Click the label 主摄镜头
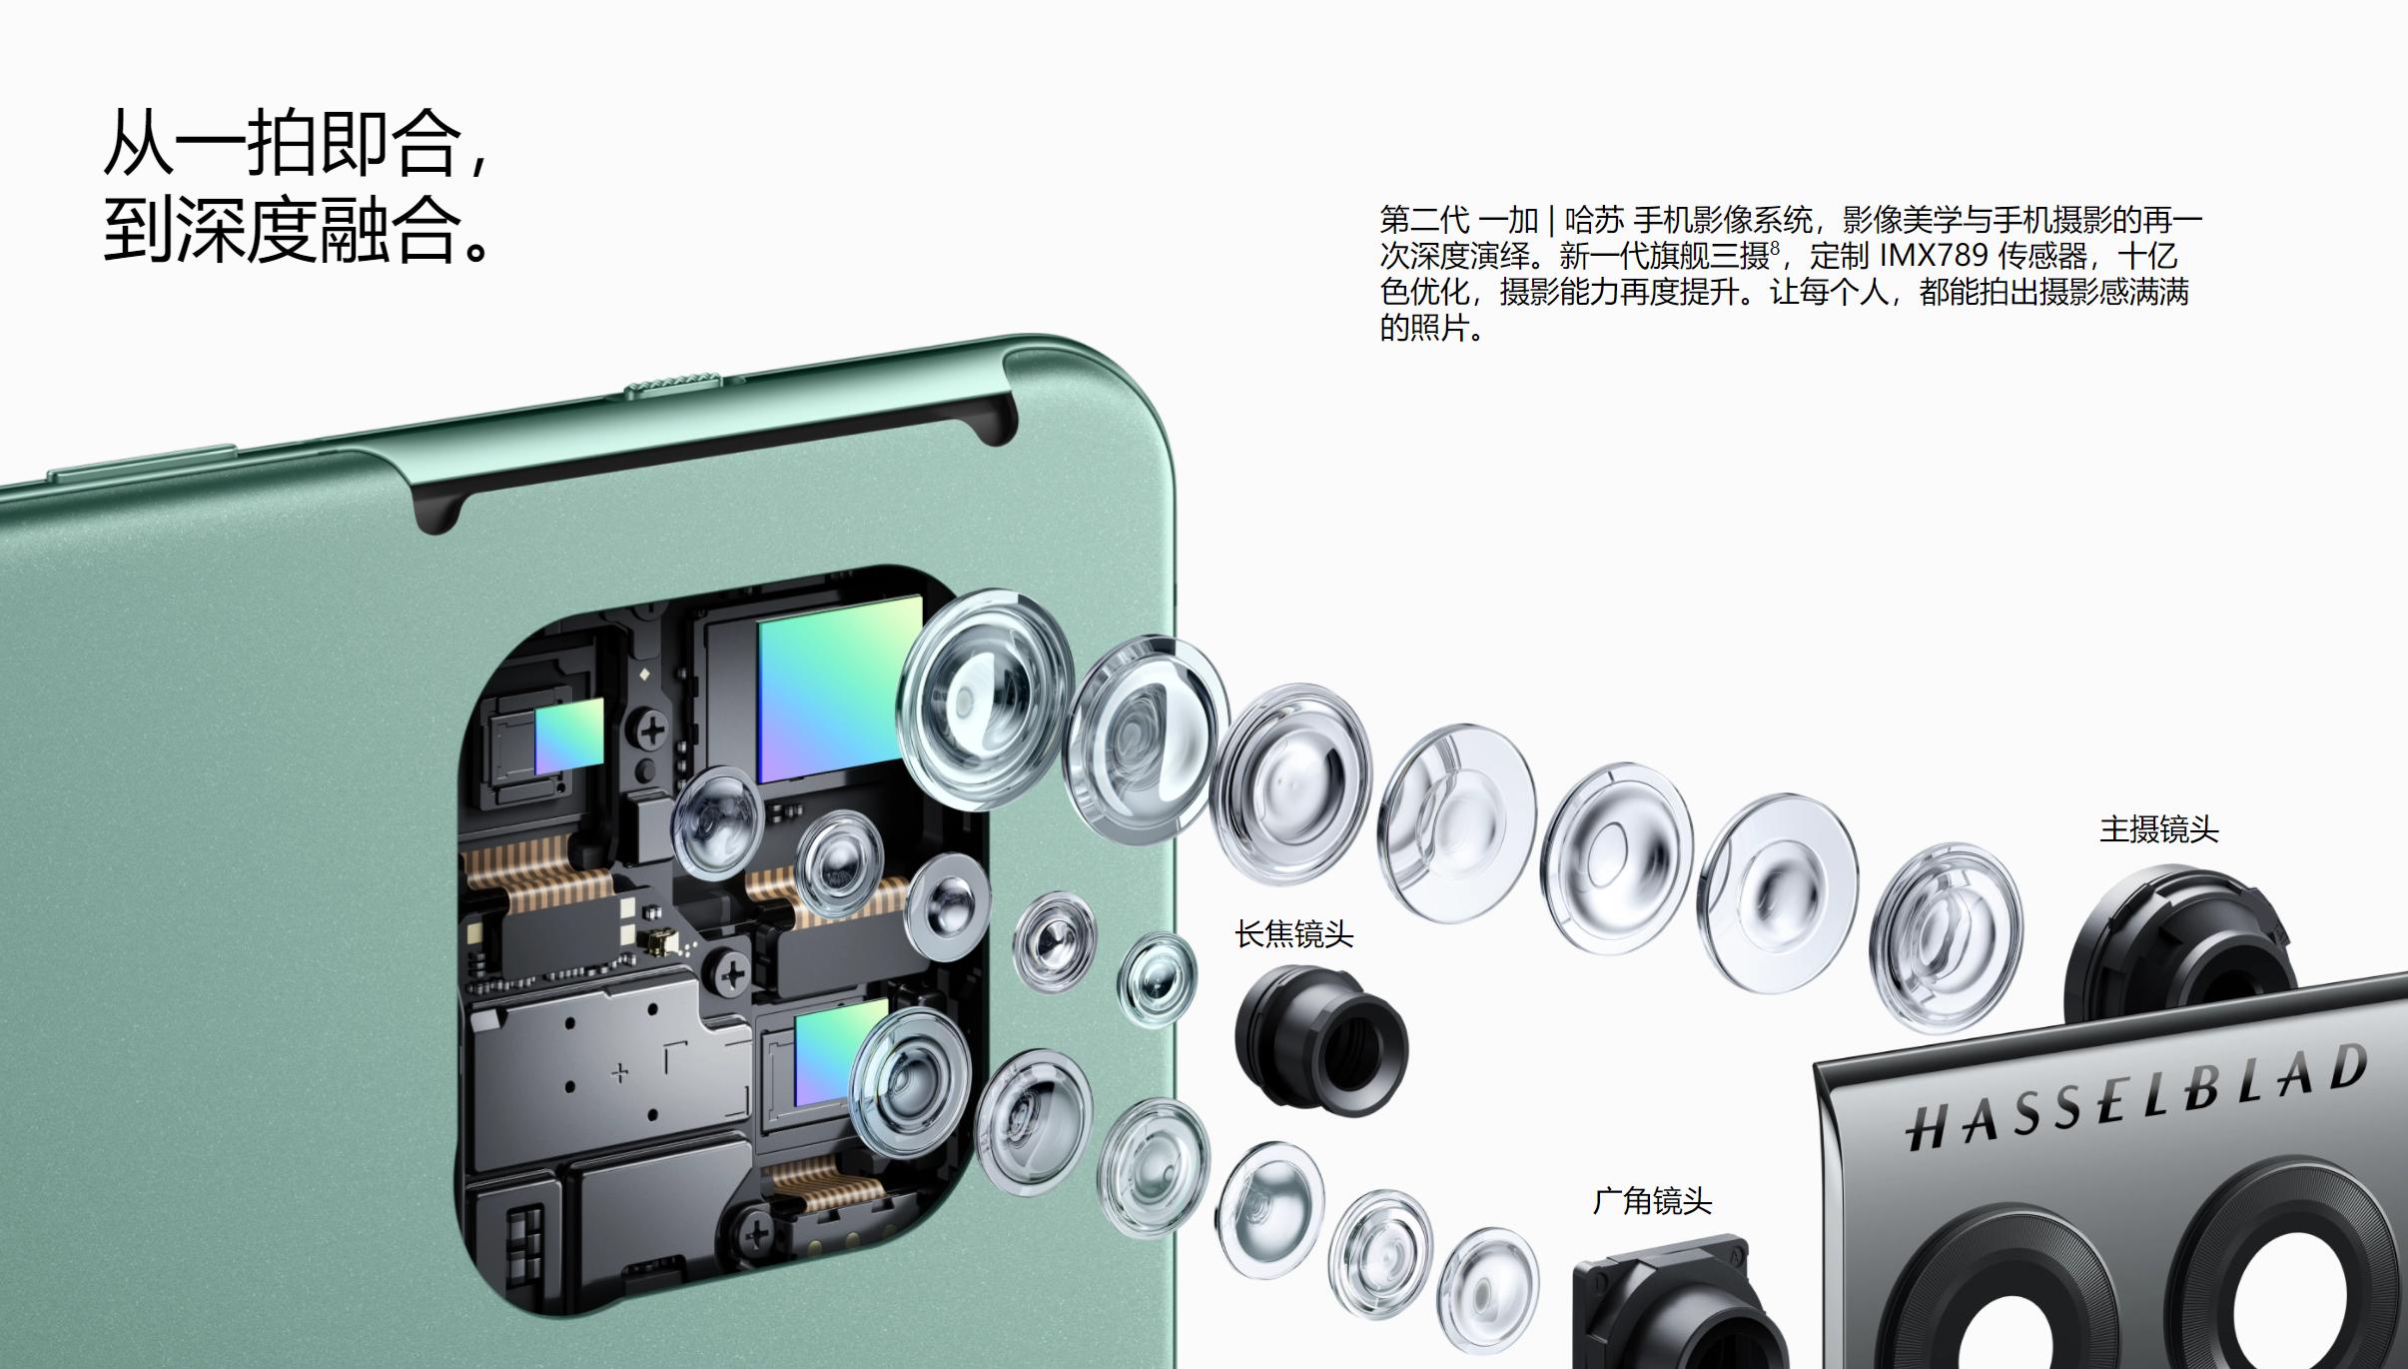[2158, 829]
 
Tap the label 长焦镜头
[1293, 934]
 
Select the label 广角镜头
[1652, 1200]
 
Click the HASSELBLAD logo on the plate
[2136, 1096]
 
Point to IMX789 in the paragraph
[1934, 256]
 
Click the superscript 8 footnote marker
[1775, 247]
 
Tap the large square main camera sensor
[839, 688]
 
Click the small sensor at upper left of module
[569, 735]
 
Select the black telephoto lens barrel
[1320, 1039]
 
